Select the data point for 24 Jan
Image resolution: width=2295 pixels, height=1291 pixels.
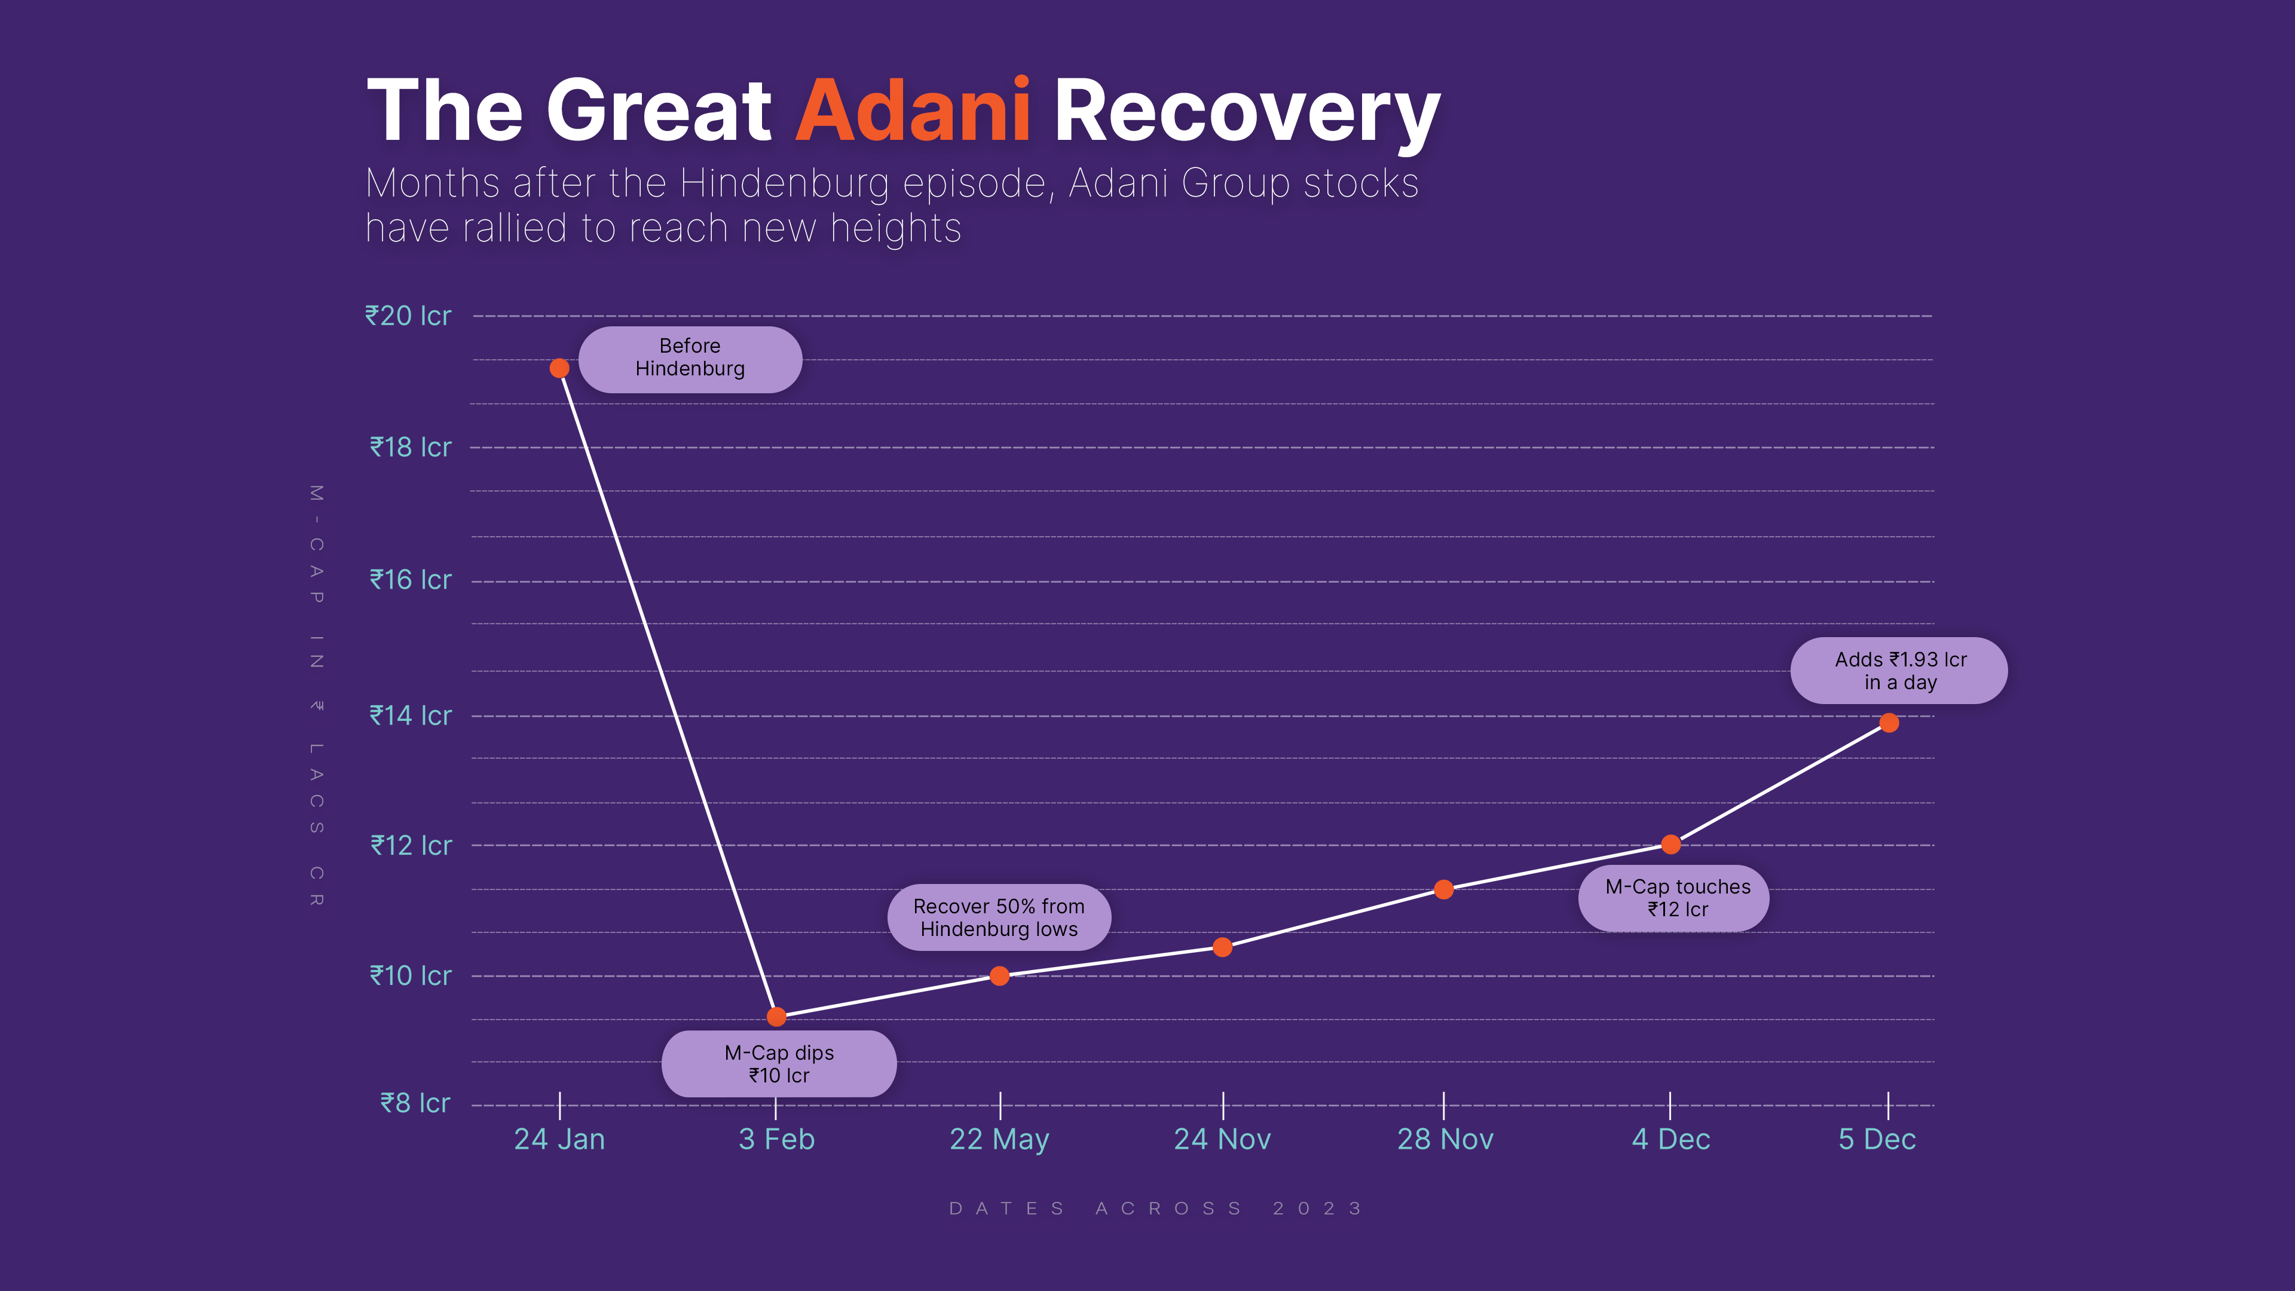point(559,368)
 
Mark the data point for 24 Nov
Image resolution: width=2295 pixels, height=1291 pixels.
point(1222,947)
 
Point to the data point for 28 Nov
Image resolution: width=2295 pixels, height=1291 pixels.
point(1444,889)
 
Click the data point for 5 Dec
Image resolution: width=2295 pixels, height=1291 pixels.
point(1889,723)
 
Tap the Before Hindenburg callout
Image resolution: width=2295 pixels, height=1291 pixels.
point(690,358)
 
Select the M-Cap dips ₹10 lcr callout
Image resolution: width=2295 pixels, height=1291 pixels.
point(779,1064)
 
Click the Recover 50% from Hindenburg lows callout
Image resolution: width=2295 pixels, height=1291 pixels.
point(999,917)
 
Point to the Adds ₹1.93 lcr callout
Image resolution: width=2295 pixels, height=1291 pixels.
point(1899,671)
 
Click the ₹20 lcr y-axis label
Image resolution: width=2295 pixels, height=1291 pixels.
point(408,316)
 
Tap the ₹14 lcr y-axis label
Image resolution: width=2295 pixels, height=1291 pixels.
point(411,715)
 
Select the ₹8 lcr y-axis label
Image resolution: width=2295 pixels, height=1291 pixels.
point(415,1103)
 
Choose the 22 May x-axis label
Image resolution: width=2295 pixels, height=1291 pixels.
point(1000,1140)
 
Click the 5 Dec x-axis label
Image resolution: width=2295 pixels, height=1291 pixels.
point(1877,1140)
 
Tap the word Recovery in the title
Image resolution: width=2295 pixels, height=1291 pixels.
point(1246,112)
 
